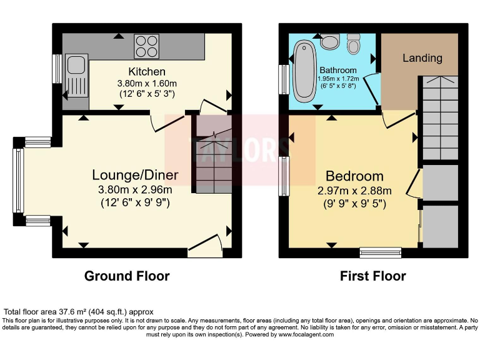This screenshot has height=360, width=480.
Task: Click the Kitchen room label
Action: (147, 71)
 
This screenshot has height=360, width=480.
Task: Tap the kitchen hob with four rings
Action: (146, 44)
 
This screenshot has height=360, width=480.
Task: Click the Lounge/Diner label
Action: (135, 175)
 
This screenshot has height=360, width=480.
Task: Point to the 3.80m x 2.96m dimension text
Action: (135, 189)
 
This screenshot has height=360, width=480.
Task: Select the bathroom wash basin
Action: (329, 42)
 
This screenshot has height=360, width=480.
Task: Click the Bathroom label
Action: (338, 70)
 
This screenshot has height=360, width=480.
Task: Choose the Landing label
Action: (422, 58)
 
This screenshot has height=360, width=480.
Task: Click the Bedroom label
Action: (354, 176)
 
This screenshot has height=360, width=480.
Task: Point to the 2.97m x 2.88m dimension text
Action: (354, 191)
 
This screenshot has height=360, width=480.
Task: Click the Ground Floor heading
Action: (127, 276)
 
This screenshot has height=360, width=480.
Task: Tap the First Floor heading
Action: (372, 276)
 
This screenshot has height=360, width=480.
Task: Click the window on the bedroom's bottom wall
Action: (380, 252)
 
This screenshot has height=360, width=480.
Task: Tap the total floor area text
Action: (78, 311)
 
